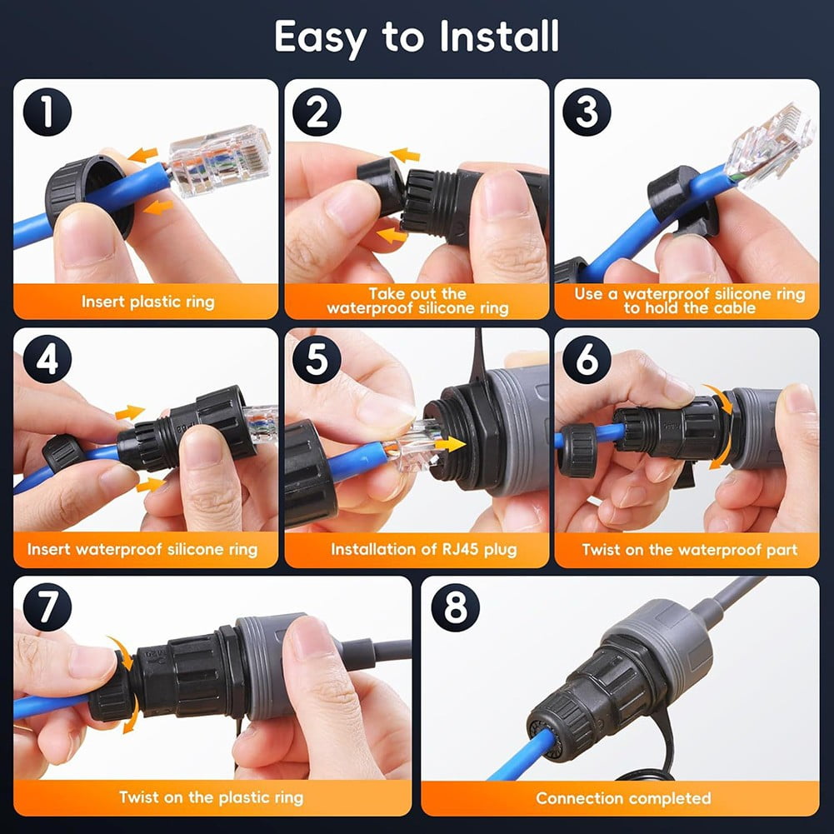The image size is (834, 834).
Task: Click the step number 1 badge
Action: click(x=47, y=112)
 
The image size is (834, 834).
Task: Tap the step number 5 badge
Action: click(x=317, y=360)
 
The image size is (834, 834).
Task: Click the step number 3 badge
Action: click(x=587, y=112)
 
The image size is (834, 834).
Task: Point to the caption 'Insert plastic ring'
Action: click(x=146, y=302)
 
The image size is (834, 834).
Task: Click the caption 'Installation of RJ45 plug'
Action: click(x=417, y=550)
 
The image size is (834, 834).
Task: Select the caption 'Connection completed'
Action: click(x=623, y=798)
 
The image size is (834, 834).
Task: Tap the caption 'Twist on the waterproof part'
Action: click(x=689, y=550)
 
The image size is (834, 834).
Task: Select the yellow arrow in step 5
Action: click(x=450, y=444)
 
